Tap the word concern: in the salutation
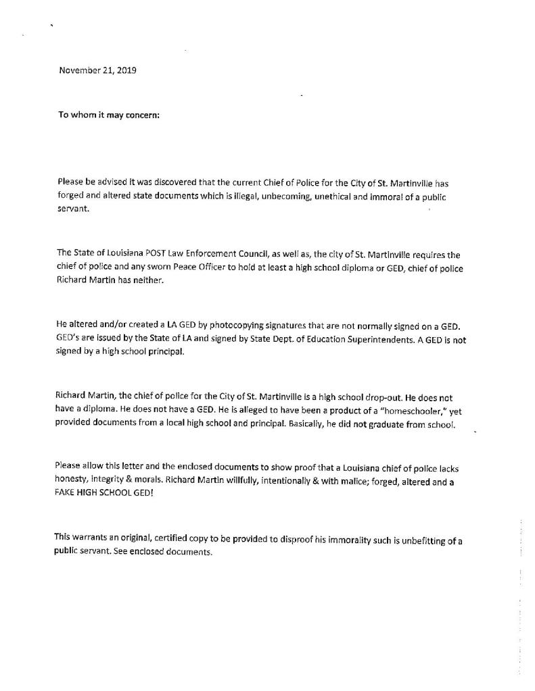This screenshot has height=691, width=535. coord(141,114)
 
